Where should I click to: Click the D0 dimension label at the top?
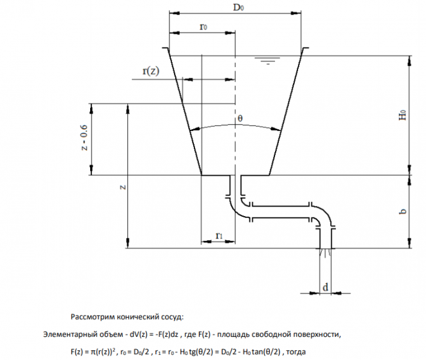pos(238,7)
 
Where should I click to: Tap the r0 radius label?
pos(203,26)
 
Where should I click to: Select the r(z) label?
pos(150,71)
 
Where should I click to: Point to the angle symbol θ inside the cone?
pos(240,119)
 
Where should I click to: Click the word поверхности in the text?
pos(319,334)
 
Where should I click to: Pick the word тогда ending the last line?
pos(299,351)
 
